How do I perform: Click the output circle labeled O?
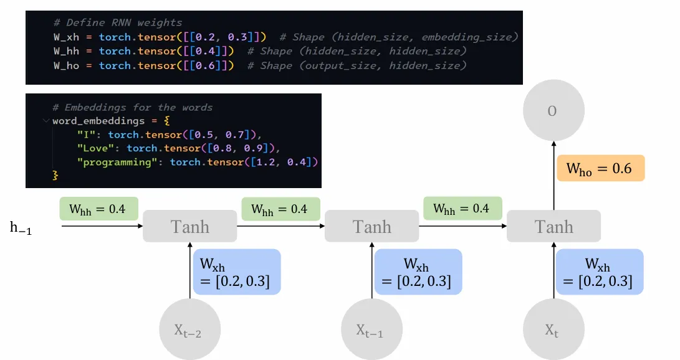(x=553, y=112)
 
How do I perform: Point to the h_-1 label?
(x=21, y=229)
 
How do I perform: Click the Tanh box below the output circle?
(x=553, y=226)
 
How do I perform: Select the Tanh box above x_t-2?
(x=190, y=226)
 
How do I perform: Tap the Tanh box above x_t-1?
(x=372, y=226)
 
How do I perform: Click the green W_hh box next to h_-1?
(x=99, y=209)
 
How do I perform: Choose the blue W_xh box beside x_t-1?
(x=418, y=272)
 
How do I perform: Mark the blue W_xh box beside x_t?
(x=600, y=272)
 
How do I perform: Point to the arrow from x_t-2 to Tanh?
(x=190, y=271)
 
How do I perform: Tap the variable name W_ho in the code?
(x=66, y=65)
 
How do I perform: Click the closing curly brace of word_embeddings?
(x=55, y=176)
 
